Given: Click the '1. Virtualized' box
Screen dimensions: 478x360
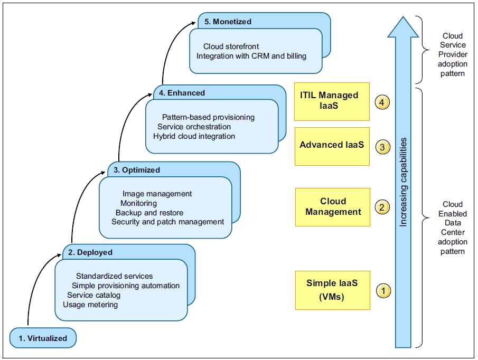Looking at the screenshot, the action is pyautogui.click(x=43, y=338).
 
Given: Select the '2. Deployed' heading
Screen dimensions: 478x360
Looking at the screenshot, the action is pyautogui.click(x=90, y=252).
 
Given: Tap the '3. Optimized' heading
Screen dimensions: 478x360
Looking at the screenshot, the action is pyautogui.click(x=137, y=170).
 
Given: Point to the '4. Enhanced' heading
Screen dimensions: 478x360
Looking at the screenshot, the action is pyautogui.click(x=182, y=93).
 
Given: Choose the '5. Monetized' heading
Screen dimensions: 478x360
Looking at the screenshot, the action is pyautogui.click(x=228, y=22).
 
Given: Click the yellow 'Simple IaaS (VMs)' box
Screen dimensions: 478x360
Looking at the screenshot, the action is pyautogui.click(x=333, y=290).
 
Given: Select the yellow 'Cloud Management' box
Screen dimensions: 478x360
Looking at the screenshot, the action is pyautogui.click(x=333, y=207).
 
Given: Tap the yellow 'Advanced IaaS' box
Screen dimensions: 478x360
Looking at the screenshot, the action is pyautogui.click(x=332, y=147).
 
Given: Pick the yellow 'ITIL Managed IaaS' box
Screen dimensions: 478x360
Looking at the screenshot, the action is pyautogui.click(x=332, y=101).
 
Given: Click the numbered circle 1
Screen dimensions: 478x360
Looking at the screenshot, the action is pyautogui.click(x=383, y=290).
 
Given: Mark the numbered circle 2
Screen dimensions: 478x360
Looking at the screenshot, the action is pyautogui.click(x=382, y=207).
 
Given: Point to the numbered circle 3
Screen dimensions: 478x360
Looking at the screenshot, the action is pyautogui.click(x=382, y=147).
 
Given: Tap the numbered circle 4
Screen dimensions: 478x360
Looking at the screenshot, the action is pyautogui.click(x=382, y=102).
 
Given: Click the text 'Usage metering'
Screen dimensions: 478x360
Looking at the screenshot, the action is pyautogui.click(x=90, y=305).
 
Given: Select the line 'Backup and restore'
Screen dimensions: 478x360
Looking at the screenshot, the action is pyautogui.click(x=149, y=213).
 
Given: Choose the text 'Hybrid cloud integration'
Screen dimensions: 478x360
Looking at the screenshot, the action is pyautogui.click(x=194, y=136).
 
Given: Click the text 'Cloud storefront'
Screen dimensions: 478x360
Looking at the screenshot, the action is pyautogui.click(x=231, y=46).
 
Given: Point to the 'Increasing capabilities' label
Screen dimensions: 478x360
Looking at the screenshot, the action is pyautogui.click(x=403, y=182).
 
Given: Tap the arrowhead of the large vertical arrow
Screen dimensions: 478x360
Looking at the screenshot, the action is pyautogui.click(x=403, y=27).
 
